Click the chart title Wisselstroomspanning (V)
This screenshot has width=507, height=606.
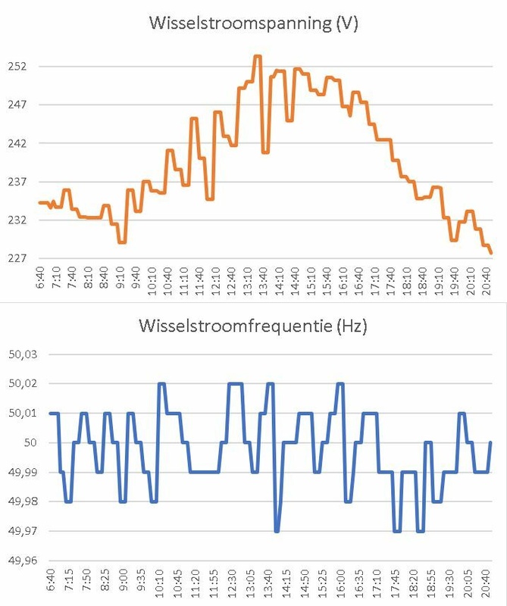(x=253, y=23)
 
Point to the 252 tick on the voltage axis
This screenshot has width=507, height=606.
(x=17, y=66)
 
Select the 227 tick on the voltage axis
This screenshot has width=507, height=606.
(x=17, y=258)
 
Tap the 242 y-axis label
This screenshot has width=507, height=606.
(x=17, y=143)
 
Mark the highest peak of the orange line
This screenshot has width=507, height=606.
(x=257, y=56)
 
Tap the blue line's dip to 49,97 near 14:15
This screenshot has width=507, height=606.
(x=277, y=531)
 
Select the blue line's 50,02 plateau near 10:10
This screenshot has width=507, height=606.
(x=161, y=384)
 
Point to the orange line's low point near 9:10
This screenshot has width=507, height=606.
(x=121, y=242)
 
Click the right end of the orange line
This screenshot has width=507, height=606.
(x=491, y=253)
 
